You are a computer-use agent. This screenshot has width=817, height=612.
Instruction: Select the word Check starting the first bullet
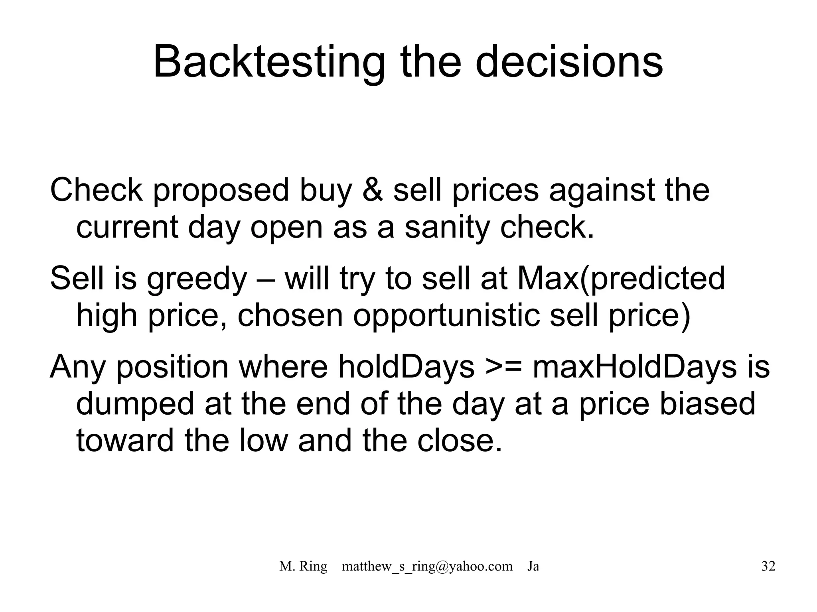point(96,190)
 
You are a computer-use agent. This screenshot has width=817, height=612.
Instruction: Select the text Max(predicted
point(621,279)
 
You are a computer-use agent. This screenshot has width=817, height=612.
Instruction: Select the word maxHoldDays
point(635,367)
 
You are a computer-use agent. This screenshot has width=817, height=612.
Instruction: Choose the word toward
point(125,440)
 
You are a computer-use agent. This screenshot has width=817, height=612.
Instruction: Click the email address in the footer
point(427,566)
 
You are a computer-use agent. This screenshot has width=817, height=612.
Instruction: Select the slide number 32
point(768,566)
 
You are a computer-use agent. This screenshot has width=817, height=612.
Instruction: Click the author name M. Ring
point(303,566)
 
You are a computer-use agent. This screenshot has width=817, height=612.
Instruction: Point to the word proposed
point(221,190)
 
